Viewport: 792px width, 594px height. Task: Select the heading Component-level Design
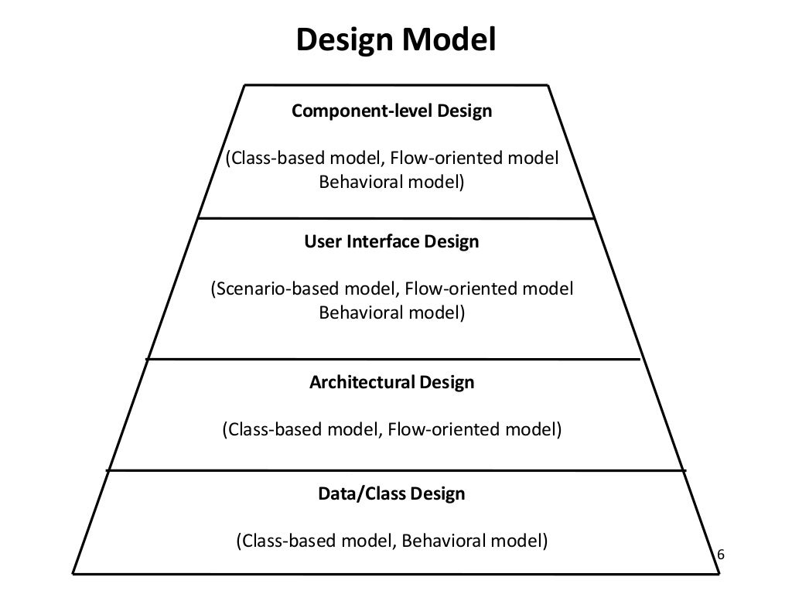(x=391, y=111)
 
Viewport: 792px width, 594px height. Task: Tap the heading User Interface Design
(x=391, y=242)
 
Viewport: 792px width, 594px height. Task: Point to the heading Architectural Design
(x=391, y=383)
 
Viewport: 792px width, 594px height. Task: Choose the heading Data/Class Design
(x=391, y=493)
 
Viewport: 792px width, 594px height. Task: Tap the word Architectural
(x=362, y=383)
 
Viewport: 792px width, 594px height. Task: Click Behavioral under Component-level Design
(x=357, y=183)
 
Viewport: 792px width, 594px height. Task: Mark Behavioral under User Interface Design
(x=357, y=314)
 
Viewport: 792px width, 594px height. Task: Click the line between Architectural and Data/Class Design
(x=395, y=470)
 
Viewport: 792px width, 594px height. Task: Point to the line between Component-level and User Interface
(x=395, y=219)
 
